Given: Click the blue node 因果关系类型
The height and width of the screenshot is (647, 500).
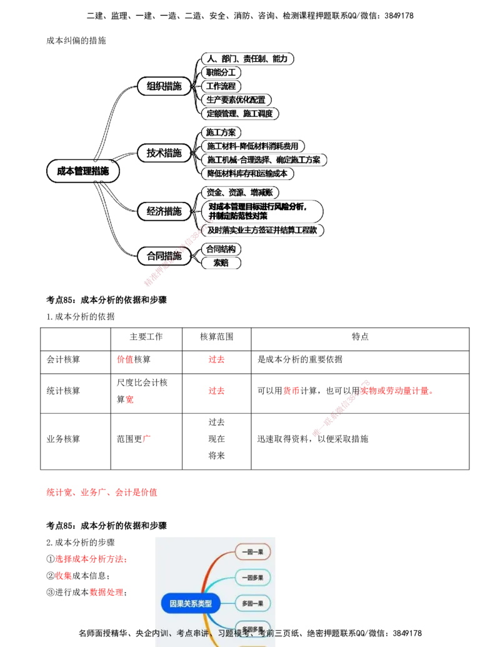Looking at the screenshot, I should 191,604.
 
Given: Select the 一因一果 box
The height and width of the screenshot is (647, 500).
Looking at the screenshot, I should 252,551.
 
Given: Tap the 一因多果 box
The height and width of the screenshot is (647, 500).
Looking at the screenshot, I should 252,577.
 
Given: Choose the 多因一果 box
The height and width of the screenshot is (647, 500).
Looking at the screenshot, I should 252,603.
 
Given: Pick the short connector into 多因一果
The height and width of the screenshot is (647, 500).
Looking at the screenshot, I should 227,603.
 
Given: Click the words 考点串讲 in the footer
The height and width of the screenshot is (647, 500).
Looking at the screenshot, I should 192,633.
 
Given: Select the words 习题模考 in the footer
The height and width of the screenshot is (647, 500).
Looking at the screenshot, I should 234,633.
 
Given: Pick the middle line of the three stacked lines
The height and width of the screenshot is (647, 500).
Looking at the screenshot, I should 400,417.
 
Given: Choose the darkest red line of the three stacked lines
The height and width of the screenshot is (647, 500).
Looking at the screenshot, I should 412,398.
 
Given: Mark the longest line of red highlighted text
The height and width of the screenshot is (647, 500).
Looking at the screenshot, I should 102,493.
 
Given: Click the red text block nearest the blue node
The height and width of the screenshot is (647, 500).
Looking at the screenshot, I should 106,592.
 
